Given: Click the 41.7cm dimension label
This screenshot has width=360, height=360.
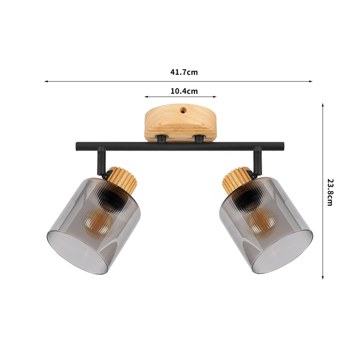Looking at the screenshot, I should pos(184,72).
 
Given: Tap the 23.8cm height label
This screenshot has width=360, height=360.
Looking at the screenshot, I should pos(330,192).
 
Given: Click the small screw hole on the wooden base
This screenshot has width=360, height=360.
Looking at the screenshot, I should pos(182,112).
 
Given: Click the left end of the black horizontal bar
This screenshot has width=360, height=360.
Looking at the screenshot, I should pos(78,146).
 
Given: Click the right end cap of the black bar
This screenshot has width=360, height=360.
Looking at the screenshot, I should pos(282,146).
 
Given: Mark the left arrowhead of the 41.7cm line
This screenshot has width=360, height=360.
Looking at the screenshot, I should pos(46,81).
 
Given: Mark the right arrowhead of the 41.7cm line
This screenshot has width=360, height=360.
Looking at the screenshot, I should pos(311,81).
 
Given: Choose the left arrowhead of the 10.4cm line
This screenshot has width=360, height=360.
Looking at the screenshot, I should pos(146,97).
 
